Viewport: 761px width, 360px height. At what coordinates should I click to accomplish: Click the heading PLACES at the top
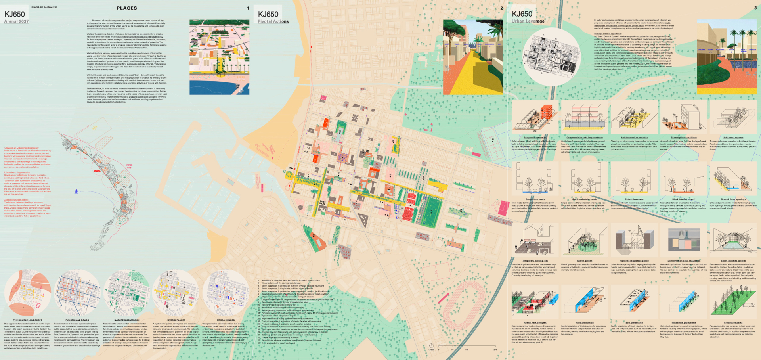[126, 8]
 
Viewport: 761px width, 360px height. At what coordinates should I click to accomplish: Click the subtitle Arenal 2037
[16, 21]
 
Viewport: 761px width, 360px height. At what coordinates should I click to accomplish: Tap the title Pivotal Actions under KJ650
[273, 21]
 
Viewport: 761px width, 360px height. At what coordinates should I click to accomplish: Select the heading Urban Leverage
[528, 21]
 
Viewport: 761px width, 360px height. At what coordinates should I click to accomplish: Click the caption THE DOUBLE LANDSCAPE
[28, 320]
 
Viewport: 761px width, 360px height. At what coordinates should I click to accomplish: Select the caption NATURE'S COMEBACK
[126, 320]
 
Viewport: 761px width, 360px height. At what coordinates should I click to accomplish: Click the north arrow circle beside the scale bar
[431, 346]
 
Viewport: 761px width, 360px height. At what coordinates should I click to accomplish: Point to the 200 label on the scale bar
[495, 350]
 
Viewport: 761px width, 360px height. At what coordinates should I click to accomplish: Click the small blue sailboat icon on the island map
[76, 191]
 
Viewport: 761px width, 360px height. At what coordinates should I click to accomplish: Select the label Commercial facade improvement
[584, 138]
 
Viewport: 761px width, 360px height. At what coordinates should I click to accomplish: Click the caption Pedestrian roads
[634, 199]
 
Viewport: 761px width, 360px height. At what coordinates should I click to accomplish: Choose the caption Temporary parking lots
[535, 261]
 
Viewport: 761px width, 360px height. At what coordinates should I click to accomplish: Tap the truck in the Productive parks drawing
[749, 305]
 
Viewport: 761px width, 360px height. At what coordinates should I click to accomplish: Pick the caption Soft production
[634, 323]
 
